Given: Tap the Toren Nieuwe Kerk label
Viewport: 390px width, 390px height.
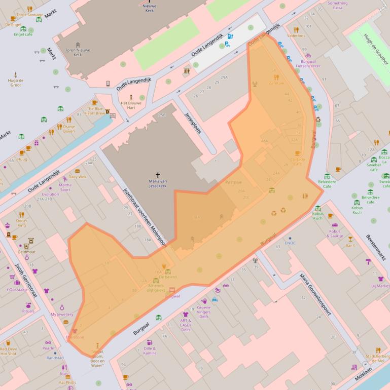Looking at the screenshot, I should (x=70, y=52).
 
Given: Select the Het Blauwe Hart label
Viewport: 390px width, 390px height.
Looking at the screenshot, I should (x=130, y=105).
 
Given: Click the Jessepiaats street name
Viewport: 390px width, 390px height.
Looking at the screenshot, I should (x=193, y=122).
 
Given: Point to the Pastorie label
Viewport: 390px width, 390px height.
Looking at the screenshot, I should (x=233, y=182).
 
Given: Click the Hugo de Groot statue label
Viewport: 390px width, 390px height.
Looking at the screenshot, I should (x=15, y=83).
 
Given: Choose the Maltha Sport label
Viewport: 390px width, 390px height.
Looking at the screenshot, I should (x=65, y=187).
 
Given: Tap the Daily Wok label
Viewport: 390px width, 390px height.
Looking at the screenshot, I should (x=78, y=177).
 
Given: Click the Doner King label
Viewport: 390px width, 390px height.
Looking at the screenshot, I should (x=22, y=223).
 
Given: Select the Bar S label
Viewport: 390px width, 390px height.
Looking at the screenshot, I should (x=350, y=246).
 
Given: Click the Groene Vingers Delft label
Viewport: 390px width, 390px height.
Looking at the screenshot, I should (x=204, y=311).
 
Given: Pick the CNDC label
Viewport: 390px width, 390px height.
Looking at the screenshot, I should (x=290, y=243).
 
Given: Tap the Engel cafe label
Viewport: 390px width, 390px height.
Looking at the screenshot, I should (x=23, y=34).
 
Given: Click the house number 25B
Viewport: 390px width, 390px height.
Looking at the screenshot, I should (x=162, y=115).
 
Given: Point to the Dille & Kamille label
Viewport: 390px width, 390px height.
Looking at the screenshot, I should (x=150, y=350).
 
